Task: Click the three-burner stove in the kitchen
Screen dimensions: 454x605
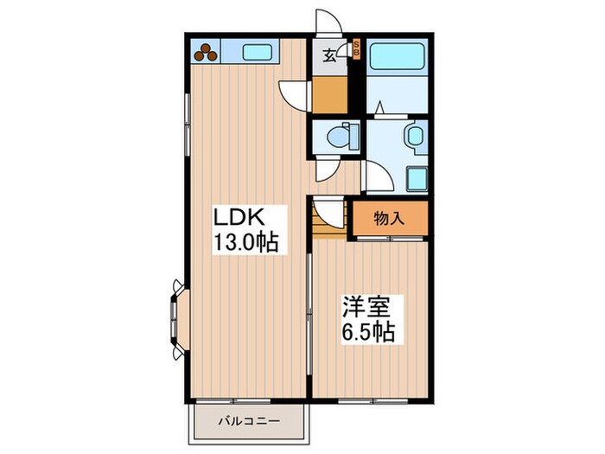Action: pos(207,52)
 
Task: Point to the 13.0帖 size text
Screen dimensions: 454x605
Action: pos(245,243)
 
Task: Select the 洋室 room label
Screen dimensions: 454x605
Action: pos(367,306)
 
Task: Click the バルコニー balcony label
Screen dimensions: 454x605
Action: pos(248,422)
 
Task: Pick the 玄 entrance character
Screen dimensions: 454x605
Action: pos(329,57)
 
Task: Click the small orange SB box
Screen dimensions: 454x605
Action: pos(357,49)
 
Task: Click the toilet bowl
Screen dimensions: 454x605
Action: pos(341,136)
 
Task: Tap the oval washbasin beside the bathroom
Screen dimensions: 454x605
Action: pos(413,136)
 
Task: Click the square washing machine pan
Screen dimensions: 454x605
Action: pos(416,179)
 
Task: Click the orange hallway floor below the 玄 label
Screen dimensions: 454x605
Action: pos(328,95)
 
